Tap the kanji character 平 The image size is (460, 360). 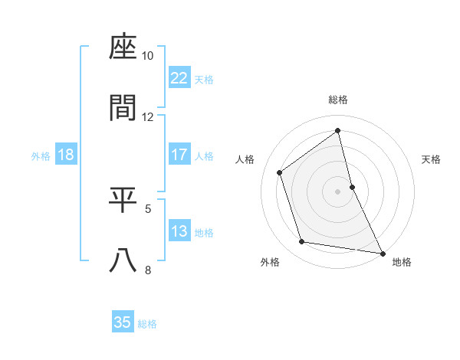(x=123, y=200)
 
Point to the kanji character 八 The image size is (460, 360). (x=123, y=260)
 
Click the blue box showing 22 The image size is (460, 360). (x=179, y=78)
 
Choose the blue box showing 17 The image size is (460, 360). (x=179, y=155)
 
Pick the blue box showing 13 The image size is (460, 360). (x=179, y=231)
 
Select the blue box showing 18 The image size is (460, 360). (x=66, y=155)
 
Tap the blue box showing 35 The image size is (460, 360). (x=123, y=322)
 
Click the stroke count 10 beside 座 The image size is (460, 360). (x=148, y=56)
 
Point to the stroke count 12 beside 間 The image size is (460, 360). (x=148, y=116)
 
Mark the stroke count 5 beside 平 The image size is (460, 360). (x=148, y=208)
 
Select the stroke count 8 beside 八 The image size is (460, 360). (x=148, y=269)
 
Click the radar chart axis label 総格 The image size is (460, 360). (x=338, y=100)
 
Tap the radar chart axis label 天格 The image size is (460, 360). (x=432, y=159)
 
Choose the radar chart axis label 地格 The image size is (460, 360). (x=402, y=262)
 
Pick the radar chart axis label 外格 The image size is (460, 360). (x=270, y=262)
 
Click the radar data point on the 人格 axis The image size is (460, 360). (x=280, y=172)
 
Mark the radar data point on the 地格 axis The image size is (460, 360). (x=381, y=253)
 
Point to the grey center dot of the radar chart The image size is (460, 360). (x=338, y=191)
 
